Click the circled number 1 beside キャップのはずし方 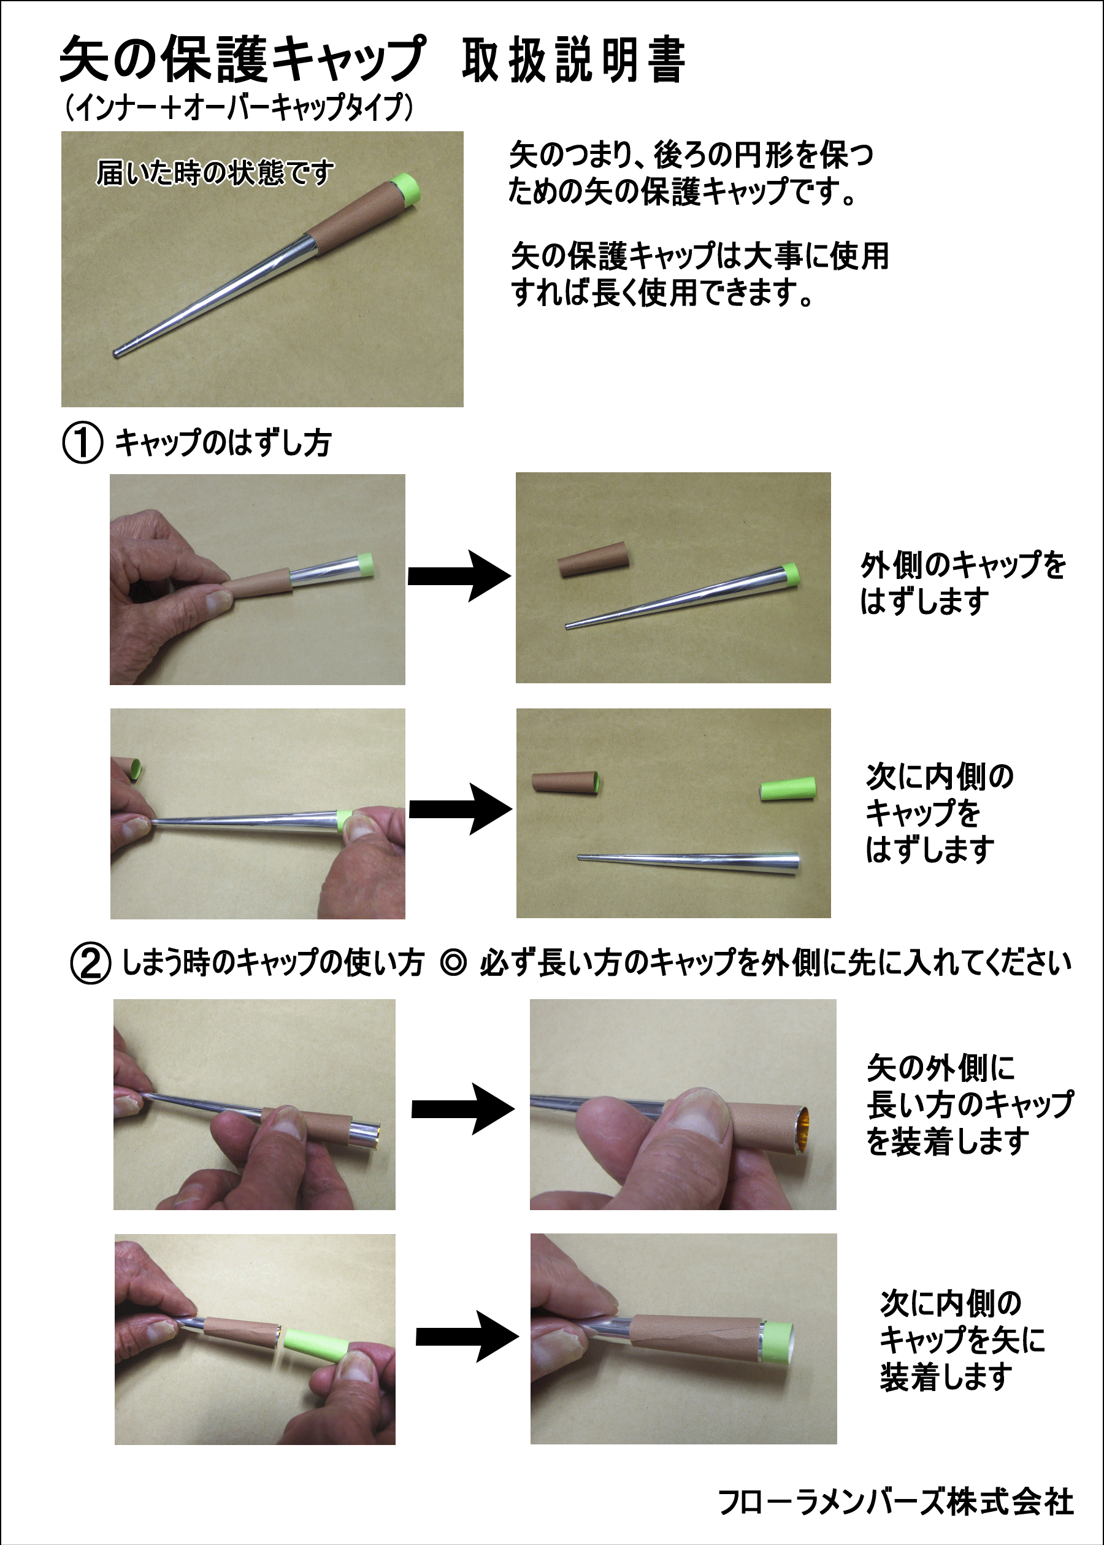click(83, 442)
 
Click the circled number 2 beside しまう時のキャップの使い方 click(90, 963)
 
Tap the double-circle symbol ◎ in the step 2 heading click(453, 963)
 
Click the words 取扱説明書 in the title click(573, 61)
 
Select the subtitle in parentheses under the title click(239, 107)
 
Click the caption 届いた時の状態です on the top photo click(215, 172)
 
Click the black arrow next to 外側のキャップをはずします click(459, 577)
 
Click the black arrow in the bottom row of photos click(467, 1337)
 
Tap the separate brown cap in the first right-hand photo click(594, 559)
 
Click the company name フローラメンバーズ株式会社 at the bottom click(896, 1502)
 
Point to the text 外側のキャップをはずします click(962, 583)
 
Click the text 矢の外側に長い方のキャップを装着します click(968, 1105)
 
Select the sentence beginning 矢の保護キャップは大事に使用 click(699, 274)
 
